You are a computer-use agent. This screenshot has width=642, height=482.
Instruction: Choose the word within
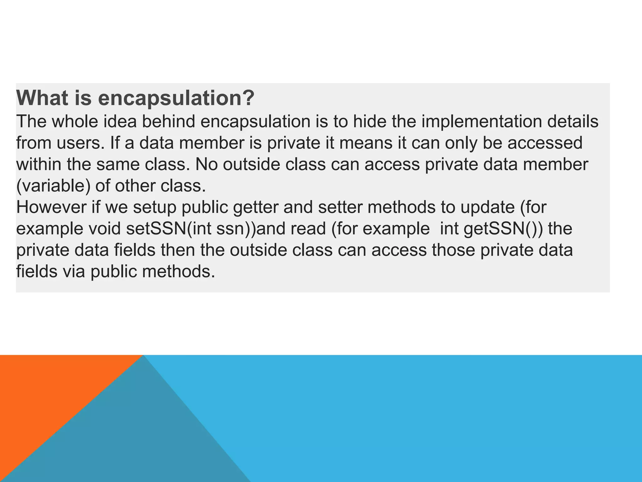pos(39,164)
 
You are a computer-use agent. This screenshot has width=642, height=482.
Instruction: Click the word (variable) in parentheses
pos(53,186)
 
